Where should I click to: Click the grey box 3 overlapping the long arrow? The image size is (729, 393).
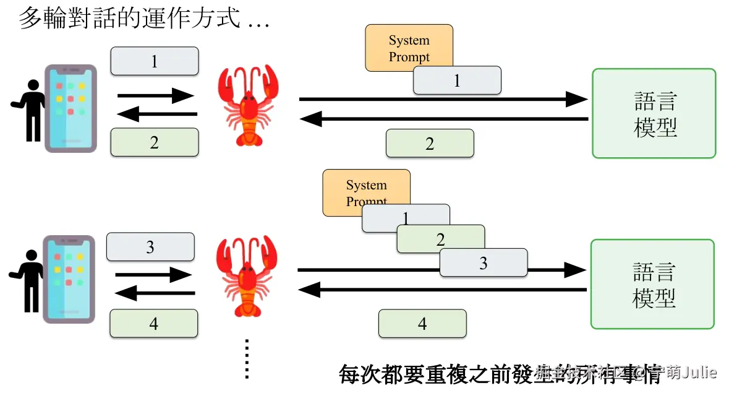(484, 263)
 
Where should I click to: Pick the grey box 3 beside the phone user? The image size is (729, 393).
(150, 248)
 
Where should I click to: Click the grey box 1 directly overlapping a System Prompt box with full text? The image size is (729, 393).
(457, 81)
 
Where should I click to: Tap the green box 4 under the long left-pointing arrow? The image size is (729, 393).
(422, 324)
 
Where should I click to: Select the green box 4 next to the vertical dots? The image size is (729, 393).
(153, 324)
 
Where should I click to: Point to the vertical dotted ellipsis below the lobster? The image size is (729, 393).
(247, 358)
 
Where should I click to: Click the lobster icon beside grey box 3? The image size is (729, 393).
(246, 275)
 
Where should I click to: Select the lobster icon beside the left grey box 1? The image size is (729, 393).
(248, 105)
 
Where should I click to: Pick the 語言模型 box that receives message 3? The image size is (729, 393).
(653, 284)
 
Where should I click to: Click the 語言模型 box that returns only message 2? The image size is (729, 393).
(654, 113)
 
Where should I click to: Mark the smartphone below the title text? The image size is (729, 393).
(70, 108)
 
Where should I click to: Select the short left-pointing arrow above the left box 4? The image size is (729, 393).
(155, 293)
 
